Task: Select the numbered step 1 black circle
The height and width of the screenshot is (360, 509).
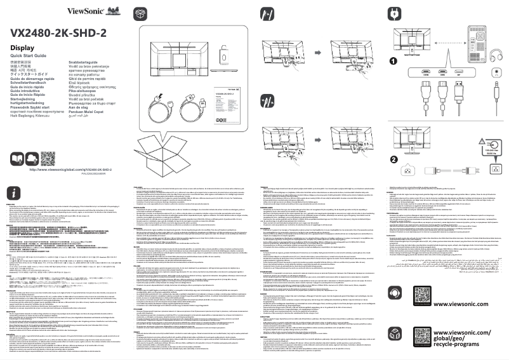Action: (393, 62)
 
